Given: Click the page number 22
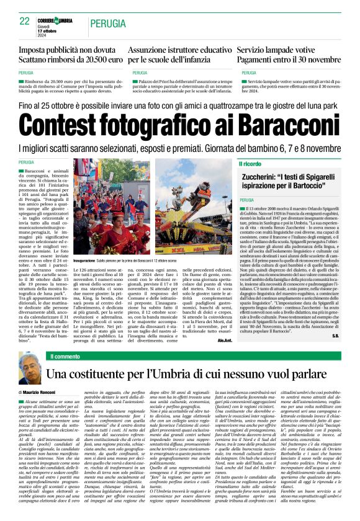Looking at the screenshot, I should (x=25, y=21).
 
